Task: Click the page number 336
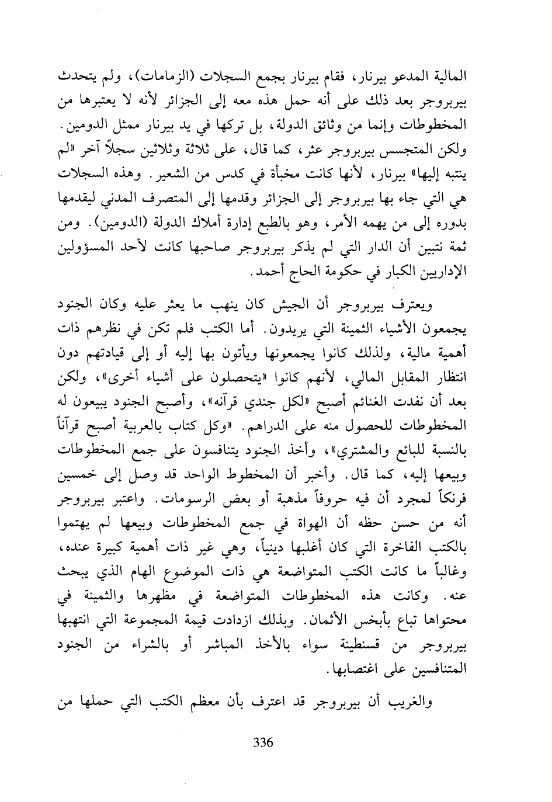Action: (263, 742)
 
